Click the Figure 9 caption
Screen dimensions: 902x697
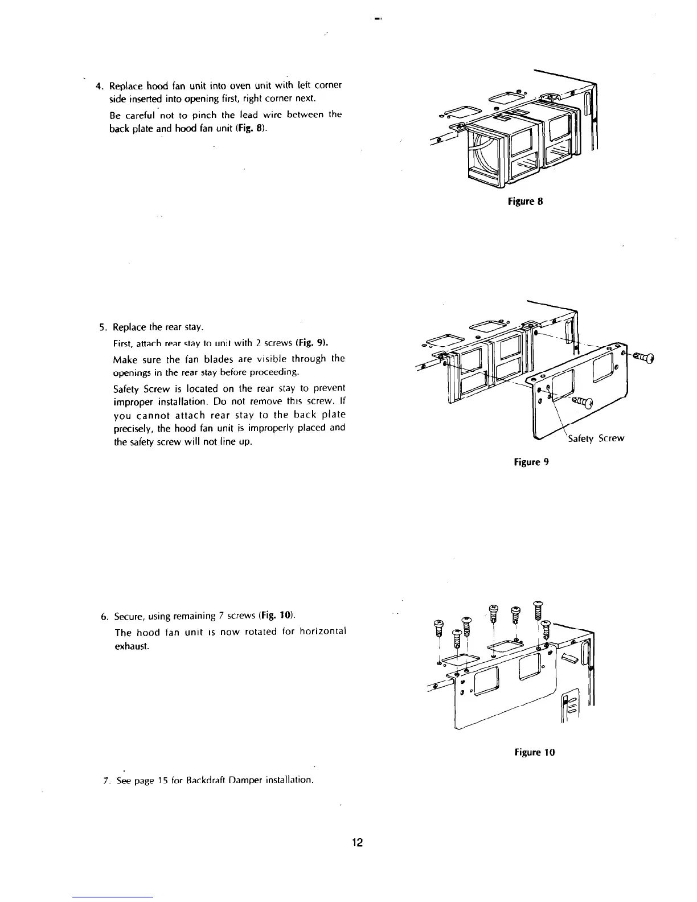coord(529,462)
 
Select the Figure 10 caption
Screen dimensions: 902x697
coord(535,752)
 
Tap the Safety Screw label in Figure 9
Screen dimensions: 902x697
coord(596,438)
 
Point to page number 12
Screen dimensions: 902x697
coord(357,843)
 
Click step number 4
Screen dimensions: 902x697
coord(99,87)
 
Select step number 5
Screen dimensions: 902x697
coord(102,327)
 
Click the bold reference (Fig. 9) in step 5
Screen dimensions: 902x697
coord(313,343)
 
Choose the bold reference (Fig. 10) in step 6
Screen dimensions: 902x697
coord(276,616)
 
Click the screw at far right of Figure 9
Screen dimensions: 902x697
coord(643,357)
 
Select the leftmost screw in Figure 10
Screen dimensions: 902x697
coord(438,626)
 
